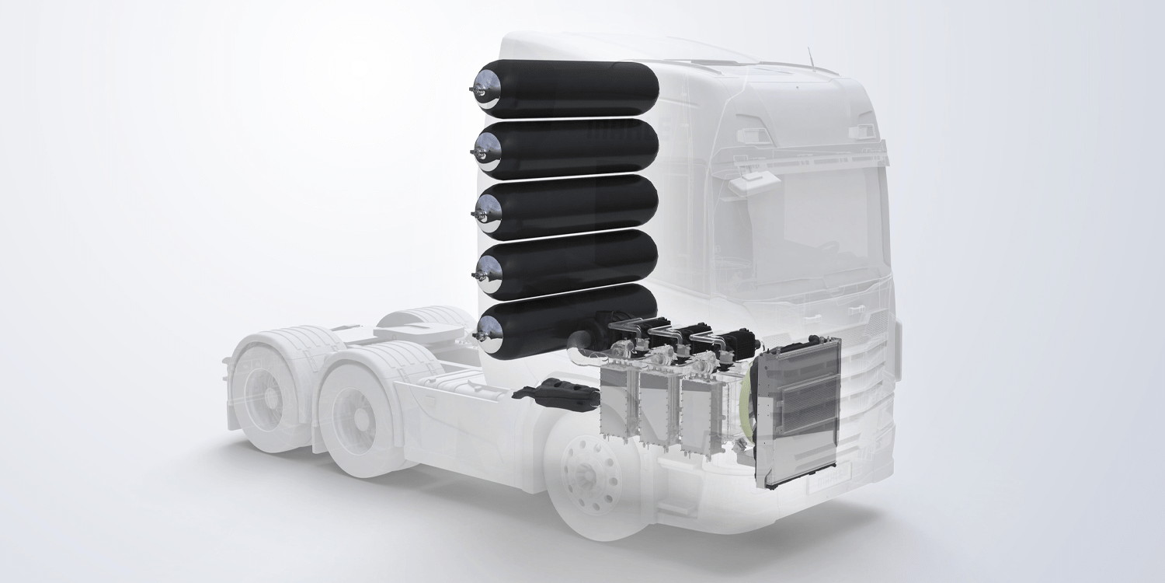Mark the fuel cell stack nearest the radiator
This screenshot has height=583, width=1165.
(703, 404)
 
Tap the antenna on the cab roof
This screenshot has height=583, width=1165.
(810, 56)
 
